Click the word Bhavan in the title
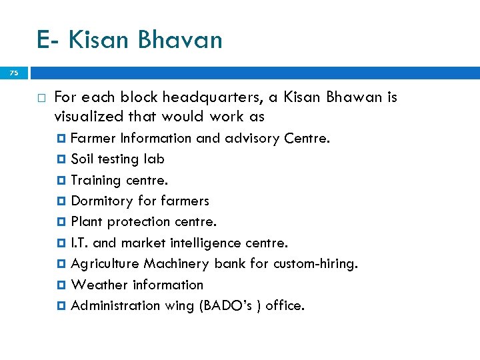click(x=179, y=40)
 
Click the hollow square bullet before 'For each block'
click(x=41, y=98)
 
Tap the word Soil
click(x=81, y=159)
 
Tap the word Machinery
click(x=177, y=264)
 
